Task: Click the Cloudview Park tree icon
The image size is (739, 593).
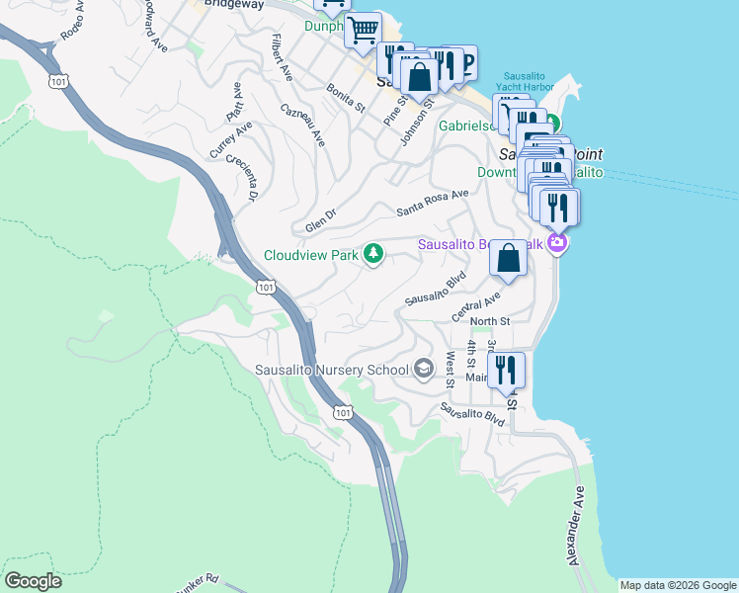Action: coord(373,255)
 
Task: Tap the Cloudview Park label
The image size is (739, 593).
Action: coord(310,255)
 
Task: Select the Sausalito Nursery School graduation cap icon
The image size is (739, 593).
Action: coord(424,370)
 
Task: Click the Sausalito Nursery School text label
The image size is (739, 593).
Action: coord(332,371)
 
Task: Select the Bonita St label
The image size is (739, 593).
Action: coord(347,97)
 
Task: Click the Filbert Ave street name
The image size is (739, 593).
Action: coord(283,56)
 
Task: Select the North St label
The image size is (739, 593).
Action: coord(490,321)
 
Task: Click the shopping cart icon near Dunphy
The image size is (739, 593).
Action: coord(364,30)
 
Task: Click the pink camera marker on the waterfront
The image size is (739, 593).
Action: coord(558,242)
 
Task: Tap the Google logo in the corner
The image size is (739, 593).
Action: coord(33,581)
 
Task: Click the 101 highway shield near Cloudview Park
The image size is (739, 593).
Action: coord(264,287)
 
